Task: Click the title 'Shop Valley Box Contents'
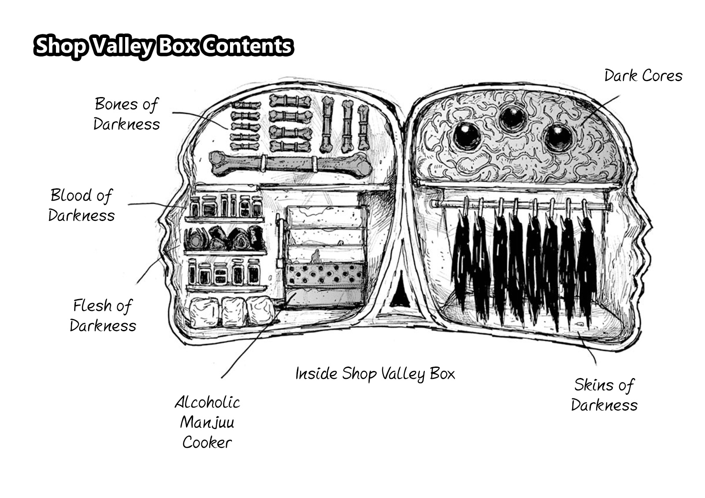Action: (163, 46)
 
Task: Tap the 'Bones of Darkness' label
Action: (126, 114)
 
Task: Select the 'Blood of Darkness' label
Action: (82, 205)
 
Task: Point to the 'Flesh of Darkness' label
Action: (103, 315)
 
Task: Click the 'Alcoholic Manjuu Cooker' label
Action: (207, 422)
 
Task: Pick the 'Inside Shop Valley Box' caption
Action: (375, 374)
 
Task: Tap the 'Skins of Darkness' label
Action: (604, 395)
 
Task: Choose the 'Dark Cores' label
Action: (643, 76)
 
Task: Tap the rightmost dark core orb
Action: (558, 137)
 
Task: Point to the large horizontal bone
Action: (291, 164)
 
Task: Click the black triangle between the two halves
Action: (401, 292)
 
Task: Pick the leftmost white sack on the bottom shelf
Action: (204, 313)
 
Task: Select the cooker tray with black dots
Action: (325, 274)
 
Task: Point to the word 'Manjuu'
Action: (207, 423)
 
